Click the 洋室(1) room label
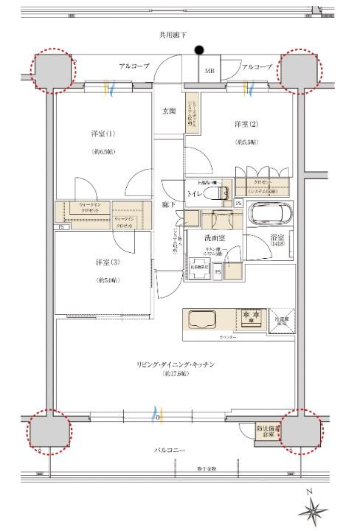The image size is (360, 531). (x=103, y=135)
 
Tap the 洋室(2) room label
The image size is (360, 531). (x=246, y=124)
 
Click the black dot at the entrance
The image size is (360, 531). (x=198, y=50)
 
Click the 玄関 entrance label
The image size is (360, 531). (x=169, y=111)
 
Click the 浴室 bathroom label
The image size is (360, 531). (x=277, y=239)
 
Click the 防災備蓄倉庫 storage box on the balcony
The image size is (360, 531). (x=265, y=431)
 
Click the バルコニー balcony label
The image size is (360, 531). (x=170, y=451)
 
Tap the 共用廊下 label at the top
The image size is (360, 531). (x=173, y=35)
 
